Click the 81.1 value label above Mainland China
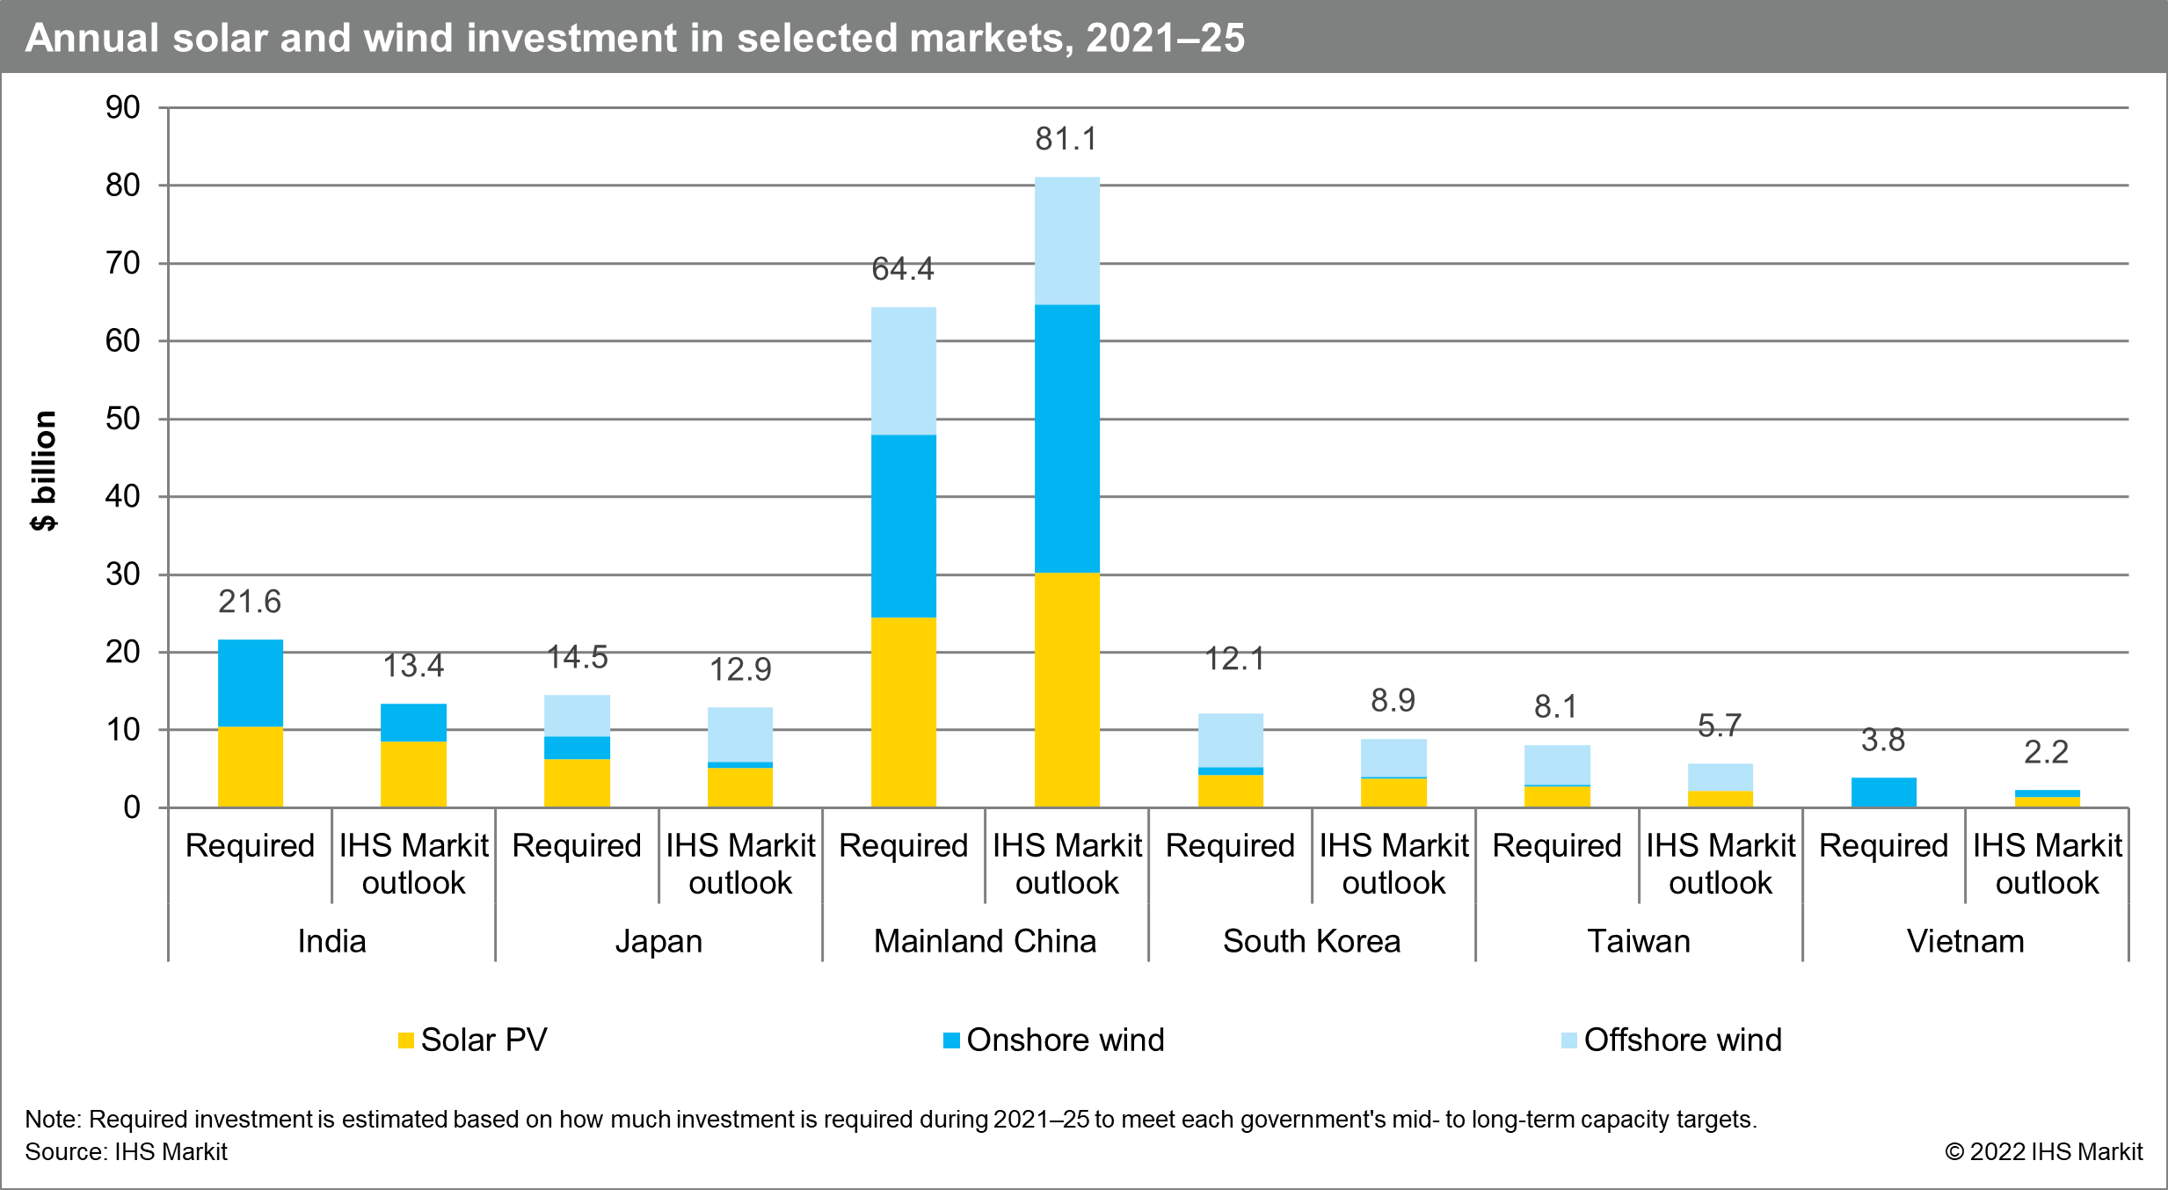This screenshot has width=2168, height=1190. point(1066,139)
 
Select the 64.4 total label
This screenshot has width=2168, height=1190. point(903,268)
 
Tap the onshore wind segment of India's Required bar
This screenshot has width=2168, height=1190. point(251,683)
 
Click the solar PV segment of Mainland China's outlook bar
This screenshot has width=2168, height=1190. point(1066,690)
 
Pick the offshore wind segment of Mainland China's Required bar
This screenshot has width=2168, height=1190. point(903,370)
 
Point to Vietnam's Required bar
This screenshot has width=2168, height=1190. point(1883,792)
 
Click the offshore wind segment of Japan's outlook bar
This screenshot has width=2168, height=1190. point(740,734)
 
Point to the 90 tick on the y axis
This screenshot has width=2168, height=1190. point(123,108)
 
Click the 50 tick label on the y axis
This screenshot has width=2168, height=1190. point(123,419)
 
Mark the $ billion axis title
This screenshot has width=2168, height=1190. point(43,471)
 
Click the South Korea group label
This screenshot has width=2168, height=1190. point(1312,941)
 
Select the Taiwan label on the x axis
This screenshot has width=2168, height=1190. point(1639,941)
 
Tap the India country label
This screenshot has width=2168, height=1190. point(331,941)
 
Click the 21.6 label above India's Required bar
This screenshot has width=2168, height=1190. point(250,602)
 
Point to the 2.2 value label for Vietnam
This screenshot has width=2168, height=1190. point(2046,752)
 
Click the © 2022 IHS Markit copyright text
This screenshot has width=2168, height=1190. point(2043,1151)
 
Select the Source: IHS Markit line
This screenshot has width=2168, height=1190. point(126,1151)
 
